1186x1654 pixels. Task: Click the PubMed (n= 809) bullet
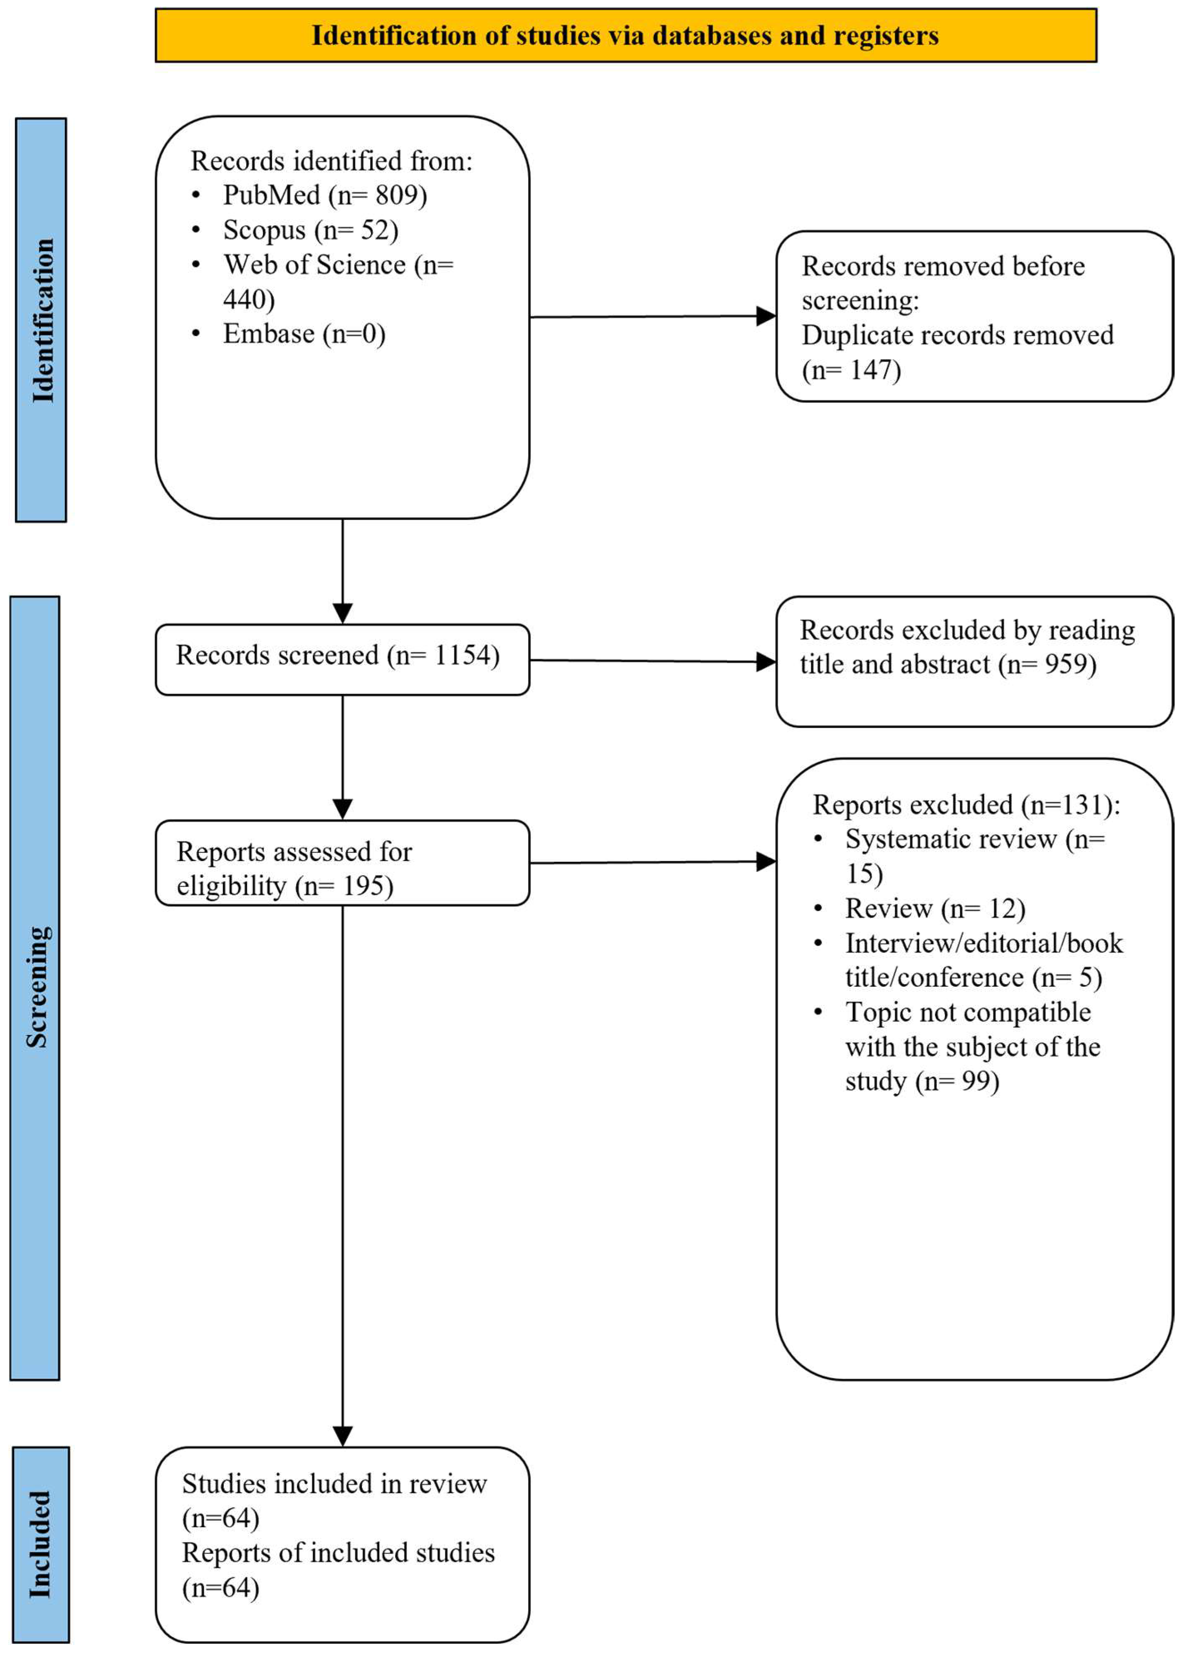pos(324,196)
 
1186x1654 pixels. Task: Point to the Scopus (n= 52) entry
pos(311,230)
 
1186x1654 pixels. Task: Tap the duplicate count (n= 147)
pos(851,371)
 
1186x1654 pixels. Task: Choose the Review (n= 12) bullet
pos(934,909)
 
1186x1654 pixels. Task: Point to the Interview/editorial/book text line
pos(983,943)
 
